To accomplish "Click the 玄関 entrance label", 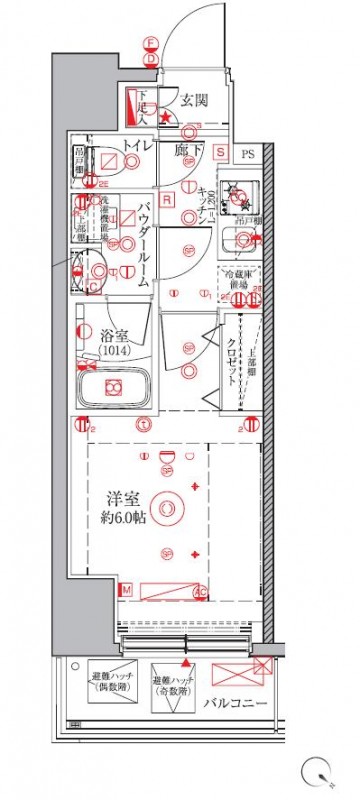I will coord(193,100).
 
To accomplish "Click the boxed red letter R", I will coord(169,198).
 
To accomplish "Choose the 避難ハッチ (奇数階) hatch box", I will coord(172,689).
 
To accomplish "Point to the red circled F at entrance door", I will coord(150,43).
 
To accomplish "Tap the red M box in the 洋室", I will coord(127,592).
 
